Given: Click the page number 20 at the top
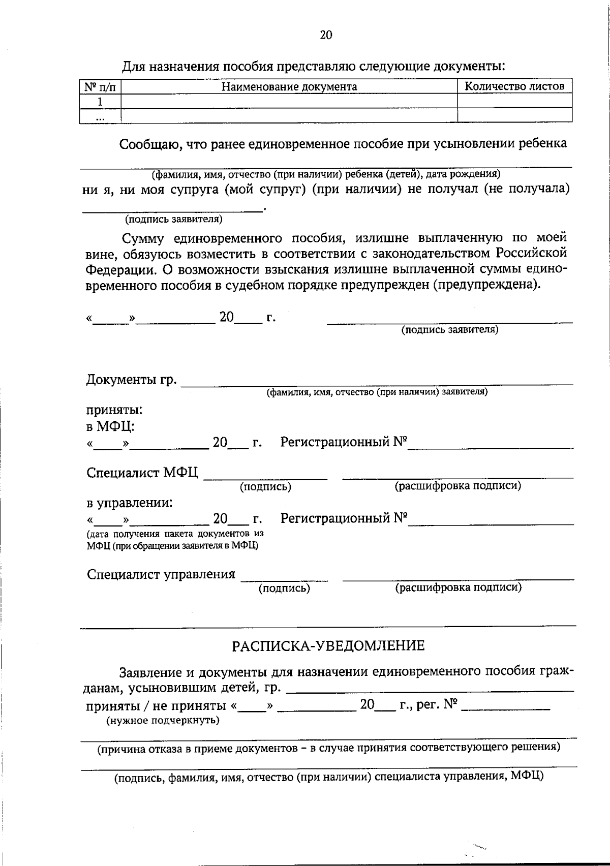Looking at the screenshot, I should point(326,35).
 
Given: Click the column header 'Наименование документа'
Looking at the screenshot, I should point(289,87).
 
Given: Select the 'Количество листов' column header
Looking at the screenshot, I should point(514,86).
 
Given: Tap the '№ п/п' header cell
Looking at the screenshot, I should point(100,87).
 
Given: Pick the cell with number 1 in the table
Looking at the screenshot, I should point(100,102).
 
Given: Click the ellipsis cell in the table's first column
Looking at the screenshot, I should point(100,117).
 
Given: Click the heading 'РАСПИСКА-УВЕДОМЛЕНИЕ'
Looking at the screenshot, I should point(328,646).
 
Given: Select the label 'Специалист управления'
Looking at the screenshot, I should point(161,574).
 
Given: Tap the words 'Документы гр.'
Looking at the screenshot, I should point(132,380).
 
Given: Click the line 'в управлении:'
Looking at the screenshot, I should point(129,503).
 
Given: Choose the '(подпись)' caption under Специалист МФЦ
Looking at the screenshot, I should point(265,487).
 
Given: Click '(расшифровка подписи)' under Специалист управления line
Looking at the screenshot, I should point(458,587).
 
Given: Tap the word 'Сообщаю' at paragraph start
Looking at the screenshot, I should point(150,144).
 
